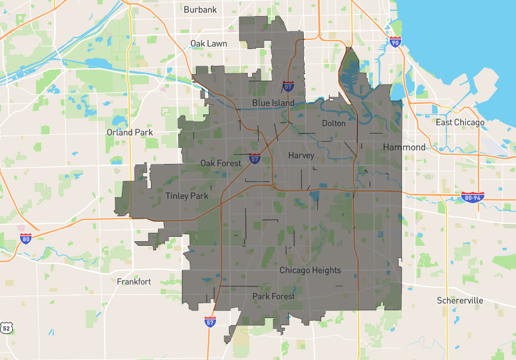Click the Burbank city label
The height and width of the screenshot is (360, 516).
[200, 10]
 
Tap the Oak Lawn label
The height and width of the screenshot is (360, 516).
[208, 43]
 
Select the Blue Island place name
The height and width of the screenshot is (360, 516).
[273, 103]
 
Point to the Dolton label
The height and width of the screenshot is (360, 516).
[333, 123]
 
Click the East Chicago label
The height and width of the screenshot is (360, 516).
[460, 123]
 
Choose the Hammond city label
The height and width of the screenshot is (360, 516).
[404, 147]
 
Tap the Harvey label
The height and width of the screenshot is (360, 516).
[301, 155]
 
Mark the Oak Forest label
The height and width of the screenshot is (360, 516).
[221, 163]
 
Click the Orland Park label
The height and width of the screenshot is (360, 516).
[129, 132]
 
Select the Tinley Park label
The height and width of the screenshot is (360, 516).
[187, 196]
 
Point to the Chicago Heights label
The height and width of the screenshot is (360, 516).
[310, 270]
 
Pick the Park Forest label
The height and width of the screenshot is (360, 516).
[273, 297]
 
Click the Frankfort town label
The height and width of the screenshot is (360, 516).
[134, 281]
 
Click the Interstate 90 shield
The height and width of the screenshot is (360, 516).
[395, 43]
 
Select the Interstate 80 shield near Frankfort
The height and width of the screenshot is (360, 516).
[26, 239]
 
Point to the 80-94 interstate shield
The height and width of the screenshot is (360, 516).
[472, 197]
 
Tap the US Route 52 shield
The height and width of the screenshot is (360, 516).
[6, 328]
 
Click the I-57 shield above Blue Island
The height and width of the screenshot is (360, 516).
[288, 86]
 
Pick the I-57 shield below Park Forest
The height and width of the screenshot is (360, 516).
[210, 321]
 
